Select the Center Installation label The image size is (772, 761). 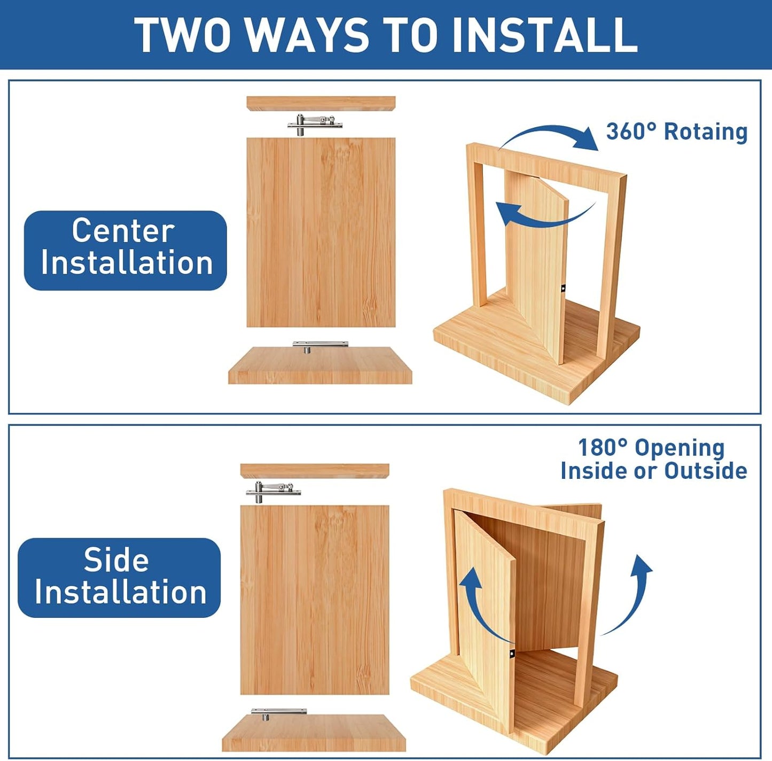126,250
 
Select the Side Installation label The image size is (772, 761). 119,578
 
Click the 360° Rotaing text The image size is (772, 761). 676,131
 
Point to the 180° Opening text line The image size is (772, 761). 651,448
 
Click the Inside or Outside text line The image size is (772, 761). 653,471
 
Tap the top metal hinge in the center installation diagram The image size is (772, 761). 315,125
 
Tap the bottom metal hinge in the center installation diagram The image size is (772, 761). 319,345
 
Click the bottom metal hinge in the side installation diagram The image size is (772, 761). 278,713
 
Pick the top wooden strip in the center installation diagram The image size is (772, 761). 321,103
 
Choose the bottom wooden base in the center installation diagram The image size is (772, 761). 320,366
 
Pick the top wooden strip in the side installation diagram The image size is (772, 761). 314,470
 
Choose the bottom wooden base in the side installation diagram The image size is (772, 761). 314,733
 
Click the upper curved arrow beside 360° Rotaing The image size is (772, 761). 550,135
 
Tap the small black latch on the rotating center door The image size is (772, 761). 563,289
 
